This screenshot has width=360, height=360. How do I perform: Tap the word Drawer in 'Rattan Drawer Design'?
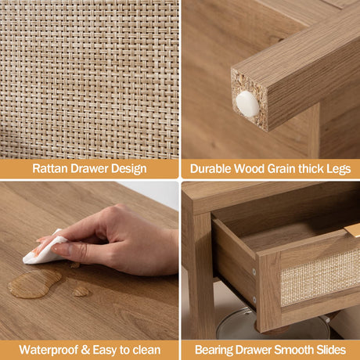89,168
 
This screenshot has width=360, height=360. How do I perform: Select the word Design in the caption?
129,169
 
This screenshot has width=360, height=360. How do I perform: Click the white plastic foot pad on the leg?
247,104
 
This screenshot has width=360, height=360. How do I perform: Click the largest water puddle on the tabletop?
34,284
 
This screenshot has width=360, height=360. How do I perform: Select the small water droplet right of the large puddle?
81,292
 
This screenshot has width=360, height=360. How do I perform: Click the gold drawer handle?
352,231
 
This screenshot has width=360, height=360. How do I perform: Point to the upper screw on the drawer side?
254,272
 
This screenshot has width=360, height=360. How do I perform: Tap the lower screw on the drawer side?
254,299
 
